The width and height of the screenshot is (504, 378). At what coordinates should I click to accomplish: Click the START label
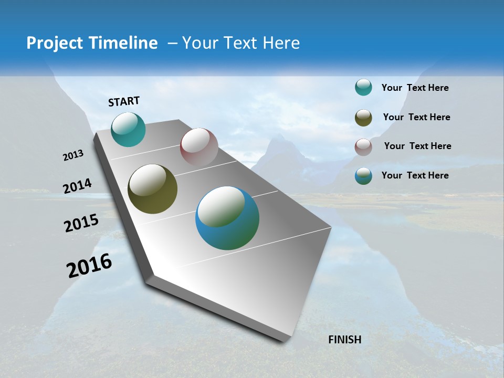point(124,101)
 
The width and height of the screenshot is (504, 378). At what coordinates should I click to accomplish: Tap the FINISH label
point(344,340)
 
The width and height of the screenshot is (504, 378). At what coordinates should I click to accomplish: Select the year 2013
point(73,155)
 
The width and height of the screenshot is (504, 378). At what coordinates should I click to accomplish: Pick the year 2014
point(77,186)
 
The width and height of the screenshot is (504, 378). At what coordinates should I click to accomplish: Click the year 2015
point(81,223)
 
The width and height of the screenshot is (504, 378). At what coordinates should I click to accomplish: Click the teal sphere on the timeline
point(128,129)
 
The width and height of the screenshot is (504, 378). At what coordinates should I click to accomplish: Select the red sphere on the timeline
point(199,147)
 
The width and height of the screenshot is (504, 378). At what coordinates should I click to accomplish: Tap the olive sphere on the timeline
point(152,189)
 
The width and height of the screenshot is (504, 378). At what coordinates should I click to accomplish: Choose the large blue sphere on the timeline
point(227,218)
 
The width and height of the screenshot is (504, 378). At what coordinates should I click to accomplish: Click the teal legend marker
point(363,88)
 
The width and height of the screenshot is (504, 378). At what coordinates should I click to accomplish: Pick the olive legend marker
point(363,117)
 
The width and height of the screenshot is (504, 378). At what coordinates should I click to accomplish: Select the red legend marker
point(363,146)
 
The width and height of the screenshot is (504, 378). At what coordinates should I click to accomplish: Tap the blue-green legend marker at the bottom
point(363,176)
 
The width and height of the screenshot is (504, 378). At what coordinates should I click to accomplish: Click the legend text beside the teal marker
point(415,88)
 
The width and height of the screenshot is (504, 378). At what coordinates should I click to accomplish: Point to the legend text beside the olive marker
point(416,117)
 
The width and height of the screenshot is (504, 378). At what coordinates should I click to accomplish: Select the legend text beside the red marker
point(417,146)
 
